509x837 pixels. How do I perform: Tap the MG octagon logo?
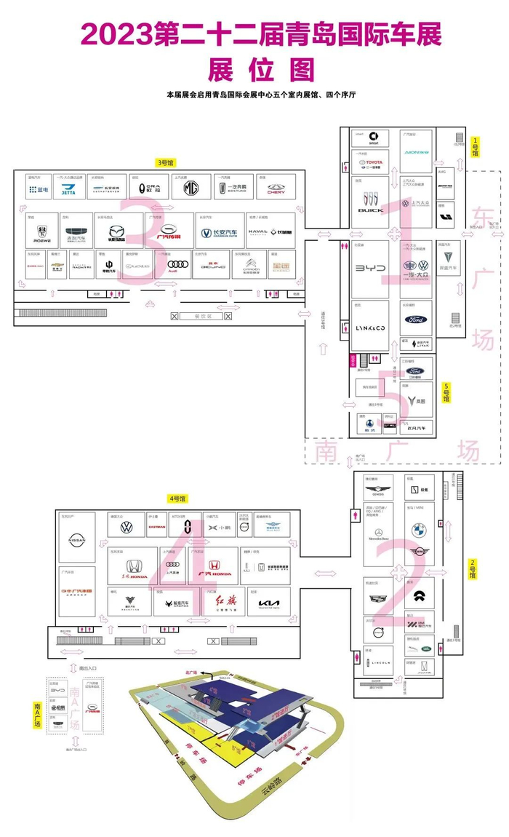point(191,188)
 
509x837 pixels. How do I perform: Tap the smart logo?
point(373,138)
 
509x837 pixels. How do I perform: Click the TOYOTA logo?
point(372,164)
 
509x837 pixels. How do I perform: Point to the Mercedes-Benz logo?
point(379,529)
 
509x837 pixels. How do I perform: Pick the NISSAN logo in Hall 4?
point(76,540)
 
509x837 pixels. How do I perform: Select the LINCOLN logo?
point(380,662)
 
